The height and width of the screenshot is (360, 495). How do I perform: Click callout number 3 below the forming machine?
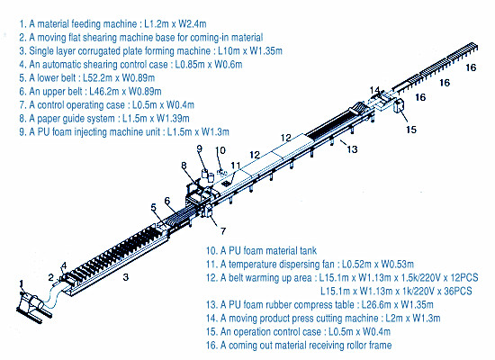pos(126,277)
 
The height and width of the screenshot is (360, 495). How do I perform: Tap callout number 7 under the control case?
pos(223,231)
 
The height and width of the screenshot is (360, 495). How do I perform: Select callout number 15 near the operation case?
pos(411,130)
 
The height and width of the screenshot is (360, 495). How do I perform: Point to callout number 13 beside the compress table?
pos(352,149)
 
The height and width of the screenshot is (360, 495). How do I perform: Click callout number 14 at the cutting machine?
pos(374,90)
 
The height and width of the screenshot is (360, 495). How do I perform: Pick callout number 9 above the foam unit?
pos(200,148)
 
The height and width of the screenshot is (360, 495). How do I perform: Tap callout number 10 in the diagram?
pos(220,150)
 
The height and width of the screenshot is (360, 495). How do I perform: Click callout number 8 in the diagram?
pos(184,166)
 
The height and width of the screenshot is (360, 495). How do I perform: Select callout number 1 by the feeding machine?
pos(22,283)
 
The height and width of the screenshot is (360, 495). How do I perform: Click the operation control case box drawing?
pos(400,105)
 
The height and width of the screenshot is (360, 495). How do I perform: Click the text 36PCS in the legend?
pos(458,291)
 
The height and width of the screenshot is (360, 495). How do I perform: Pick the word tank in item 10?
pos(309,251)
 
